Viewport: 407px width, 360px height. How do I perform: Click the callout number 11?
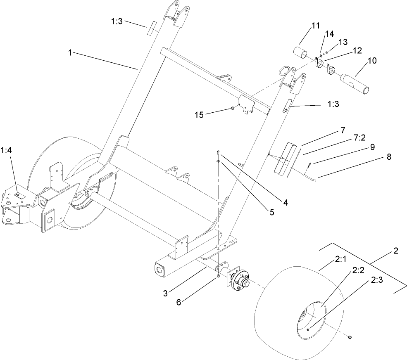pyautogui.click(x=315, y=26)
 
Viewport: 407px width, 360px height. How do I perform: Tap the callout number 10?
pyautogui.click(x=371, y=61)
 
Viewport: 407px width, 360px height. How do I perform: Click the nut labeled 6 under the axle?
pyautogui.click(x=218, y=277)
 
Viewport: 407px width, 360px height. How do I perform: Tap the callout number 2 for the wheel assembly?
pyautogui.click(x=395, y=250)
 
